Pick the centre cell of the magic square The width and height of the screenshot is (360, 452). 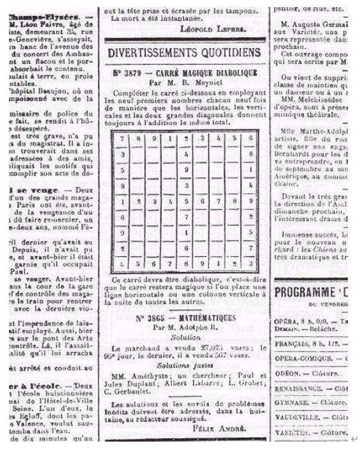coord(187,201)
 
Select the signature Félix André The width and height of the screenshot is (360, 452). coord(217,430)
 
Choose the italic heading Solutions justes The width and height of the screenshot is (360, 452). coord(186,365)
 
